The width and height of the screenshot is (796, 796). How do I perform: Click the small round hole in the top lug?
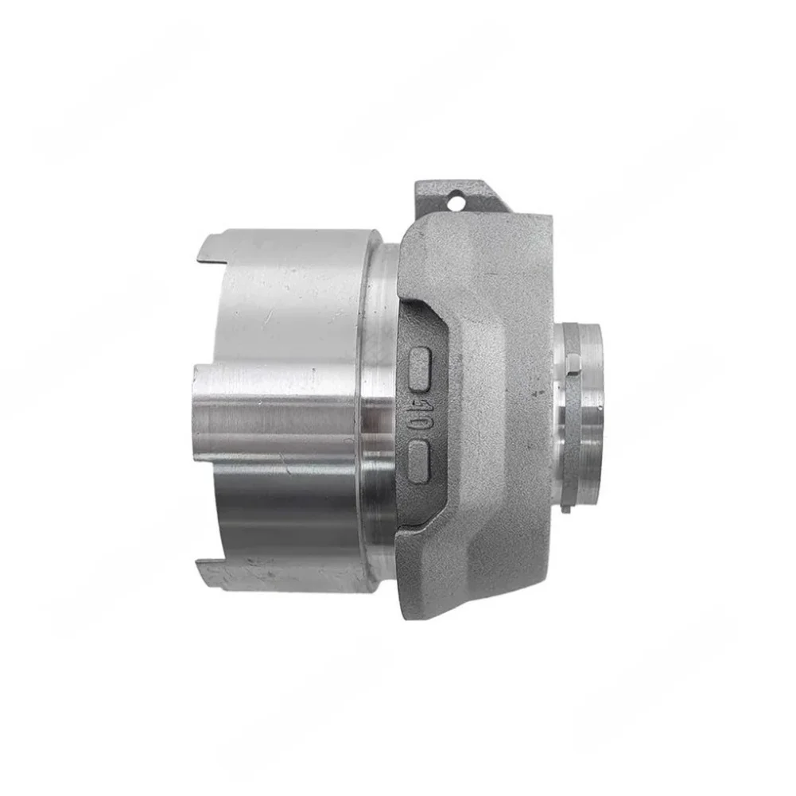click(456, 201)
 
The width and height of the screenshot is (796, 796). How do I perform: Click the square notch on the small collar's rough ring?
click(573, 365)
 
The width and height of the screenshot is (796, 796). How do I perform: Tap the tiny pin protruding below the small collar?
click(564, 509)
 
